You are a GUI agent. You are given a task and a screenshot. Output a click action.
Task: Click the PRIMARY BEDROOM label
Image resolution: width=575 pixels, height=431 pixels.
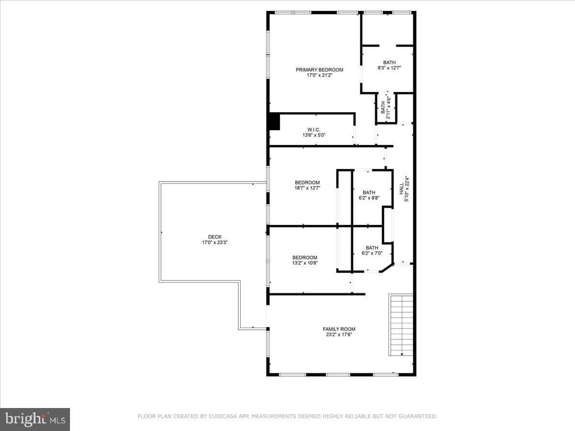coord(319,70)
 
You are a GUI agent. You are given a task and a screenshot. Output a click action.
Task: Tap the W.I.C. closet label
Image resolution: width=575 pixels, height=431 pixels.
coord(313,130)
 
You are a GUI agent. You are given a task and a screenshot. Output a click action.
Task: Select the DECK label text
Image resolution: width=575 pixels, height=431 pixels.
coord(215,237)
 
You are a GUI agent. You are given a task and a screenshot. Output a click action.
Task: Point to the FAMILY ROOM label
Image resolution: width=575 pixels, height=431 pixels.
coord(339,329)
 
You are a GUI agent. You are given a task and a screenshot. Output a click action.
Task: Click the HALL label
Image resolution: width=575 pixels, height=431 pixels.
coord(402,189)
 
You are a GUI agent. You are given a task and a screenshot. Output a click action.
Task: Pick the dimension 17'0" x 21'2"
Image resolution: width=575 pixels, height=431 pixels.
coord(320,75)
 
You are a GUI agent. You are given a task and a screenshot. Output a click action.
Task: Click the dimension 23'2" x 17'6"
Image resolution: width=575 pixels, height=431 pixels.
coord(339,334)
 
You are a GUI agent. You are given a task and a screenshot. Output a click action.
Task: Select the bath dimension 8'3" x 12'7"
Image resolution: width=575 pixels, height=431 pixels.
coord(389,68)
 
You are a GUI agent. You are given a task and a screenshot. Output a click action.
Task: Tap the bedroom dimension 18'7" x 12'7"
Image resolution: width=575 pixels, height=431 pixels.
coord(307,188)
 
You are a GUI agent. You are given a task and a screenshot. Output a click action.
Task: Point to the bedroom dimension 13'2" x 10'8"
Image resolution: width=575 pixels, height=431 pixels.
coord(305,263)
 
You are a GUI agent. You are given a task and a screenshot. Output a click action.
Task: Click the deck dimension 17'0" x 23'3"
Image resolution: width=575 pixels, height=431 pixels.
coord(215,242)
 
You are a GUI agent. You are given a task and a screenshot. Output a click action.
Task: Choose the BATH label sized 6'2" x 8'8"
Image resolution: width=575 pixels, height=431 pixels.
coord(369,193)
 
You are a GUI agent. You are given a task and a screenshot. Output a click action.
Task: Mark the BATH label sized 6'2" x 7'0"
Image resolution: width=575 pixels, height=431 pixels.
coord(372,248)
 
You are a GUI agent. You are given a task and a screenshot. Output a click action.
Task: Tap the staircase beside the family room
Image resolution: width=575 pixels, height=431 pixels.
coord(401,325)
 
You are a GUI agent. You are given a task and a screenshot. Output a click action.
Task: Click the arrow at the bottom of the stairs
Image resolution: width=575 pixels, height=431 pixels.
coord(402,354)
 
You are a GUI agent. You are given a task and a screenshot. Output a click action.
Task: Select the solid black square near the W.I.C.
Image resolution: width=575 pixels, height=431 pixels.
coord(274,122)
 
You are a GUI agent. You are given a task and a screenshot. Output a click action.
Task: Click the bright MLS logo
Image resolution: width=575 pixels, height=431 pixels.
coord(35,420)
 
